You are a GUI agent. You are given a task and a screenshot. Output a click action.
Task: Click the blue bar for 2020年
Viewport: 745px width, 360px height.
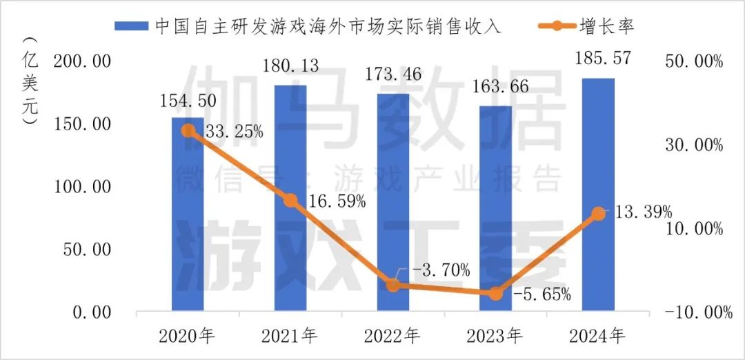tap(188, 214)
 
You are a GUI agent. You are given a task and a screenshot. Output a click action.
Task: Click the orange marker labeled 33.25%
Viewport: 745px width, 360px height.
tap(188, 130)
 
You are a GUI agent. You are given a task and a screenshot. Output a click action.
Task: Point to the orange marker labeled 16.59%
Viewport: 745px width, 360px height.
tap(290, 201)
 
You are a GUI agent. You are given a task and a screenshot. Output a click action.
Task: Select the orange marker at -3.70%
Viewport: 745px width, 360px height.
tap(393, 285)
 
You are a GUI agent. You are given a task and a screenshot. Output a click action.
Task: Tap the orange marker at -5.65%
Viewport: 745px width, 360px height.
tap(495, 293)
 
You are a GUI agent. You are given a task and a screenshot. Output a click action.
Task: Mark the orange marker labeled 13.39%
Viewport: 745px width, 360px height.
tap(598, 214)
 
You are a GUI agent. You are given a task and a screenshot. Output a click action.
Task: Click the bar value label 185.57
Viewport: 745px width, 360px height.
tap(597, 59)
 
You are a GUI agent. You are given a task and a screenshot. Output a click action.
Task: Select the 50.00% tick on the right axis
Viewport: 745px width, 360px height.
tap(693, 62)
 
